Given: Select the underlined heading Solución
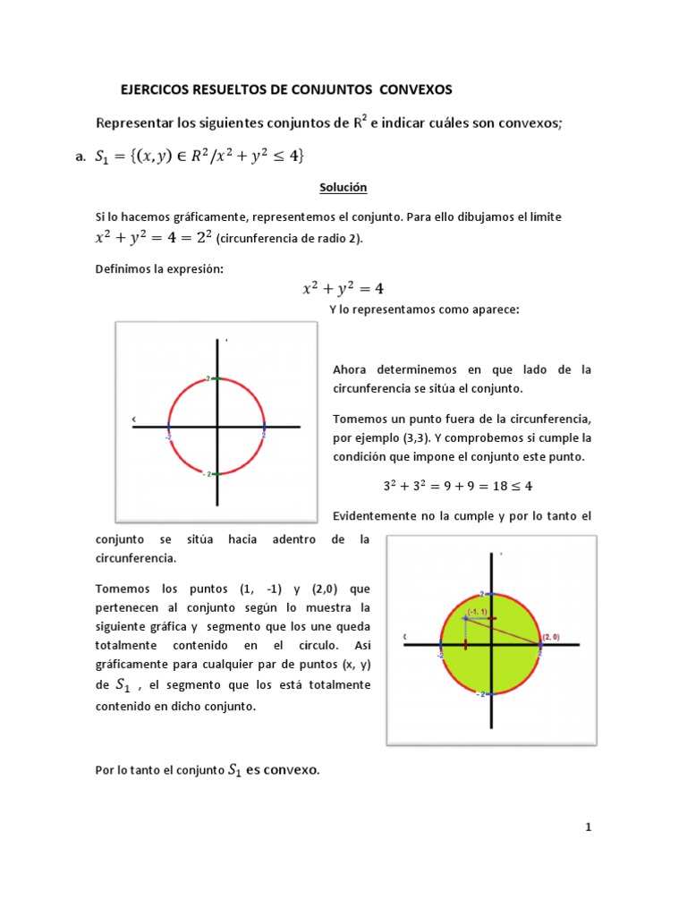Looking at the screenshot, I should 343,188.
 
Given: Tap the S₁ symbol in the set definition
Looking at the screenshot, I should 104,157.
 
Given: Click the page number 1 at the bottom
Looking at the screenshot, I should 589,827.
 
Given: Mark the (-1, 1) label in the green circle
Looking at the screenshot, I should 476,611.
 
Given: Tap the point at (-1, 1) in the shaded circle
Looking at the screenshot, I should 465,618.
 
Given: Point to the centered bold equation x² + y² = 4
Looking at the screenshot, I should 343,288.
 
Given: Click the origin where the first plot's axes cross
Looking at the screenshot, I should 217,427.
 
